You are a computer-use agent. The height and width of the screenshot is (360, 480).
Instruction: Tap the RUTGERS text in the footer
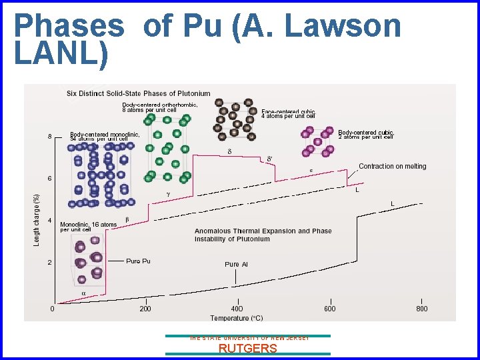pyautogui.click(x=247, y=347)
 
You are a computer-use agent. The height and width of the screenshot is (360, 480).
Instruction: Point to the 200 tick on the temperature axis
pyautogui.click(x=145, y=309)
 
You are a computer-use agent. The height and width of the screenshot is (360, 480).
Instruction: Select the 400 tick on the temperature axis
pyautogui.click(x=237, y=309)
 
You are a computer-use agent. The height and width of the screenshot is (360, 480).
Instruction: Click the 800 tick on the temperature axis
pyautogui.click(x=421, y=309)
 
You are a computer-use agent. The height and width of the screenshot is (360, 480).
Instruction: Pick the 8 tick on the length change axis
pyautogui.click(x=50, y=137)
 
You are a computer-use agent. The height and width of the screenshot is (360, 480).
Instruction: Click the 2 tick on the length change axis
pyautogui.click(x=50, y=263)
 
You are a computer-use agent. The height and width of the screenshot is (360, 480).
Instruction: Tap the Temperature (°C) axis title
pyautogui.click(x=237, y=318)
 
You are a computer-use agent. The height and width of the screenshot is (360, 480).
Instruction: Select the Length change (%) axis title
pyautogui.click(x=37, y=219)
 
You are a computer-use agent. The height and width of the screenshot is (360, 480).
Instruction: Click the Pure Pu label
pyautogui.click(x=138, y=261)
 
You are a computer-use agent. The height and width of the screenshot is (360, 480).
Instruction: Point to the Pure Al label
pyautogui.click(x=236, y=265)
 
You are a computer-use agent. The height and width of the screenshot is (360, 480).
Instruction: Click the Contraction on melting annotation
pyautogui.click(x=392, y=166)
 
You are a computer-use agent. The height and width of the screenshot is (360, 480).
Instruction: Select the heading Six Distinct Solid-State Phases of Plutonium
pyautogui.click(x=138, y=93)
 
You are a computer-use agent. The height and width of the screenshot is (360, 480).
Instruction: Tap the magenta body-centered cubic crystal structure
pyautogui.click(x=318, y=141)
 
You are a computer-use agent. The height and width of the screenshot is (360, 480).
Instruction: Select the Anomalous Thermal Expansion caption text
pyautogui.click(x=263, y=235)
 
